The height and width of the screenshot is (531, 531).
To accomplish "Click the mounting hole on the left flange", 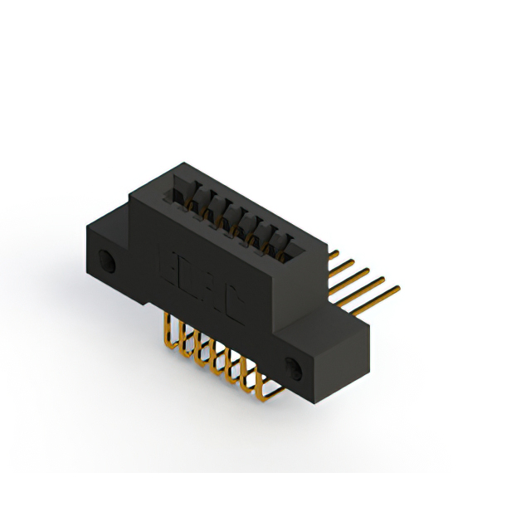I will point(106,261).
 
